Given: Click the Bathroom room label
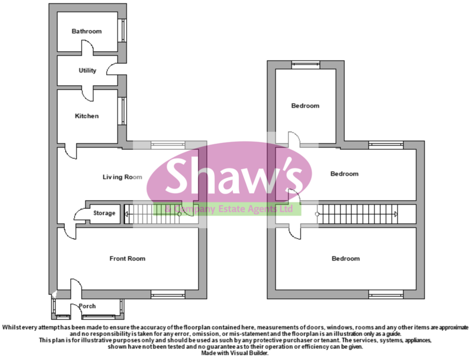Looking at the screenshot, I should click(x=86, y=31).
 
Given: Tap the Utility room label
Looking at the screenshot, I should click(x=87, y=71).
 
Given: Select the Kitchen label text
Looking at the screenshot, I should click(x=87, y=116).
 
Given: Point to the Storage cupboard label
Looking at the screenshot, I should click(x=104, y=213).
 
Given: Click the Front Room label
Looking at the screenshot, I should click(x=127, y=259).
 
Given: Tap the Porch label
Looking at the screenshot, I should click(x=87, y=306).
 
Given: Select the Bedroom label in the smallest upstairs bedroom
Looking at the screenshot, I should click(x=305, y=106).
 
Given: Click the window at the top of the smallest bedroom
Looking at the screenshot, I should click(x=305, y=65).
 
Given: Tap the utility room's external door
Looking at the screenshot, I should click(x=113, y=70).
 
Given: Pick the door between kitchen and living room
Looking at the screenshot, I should click(x=71, y=151).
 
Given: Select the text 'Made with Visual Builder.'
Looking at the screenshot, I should click(x=236, y=353).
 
